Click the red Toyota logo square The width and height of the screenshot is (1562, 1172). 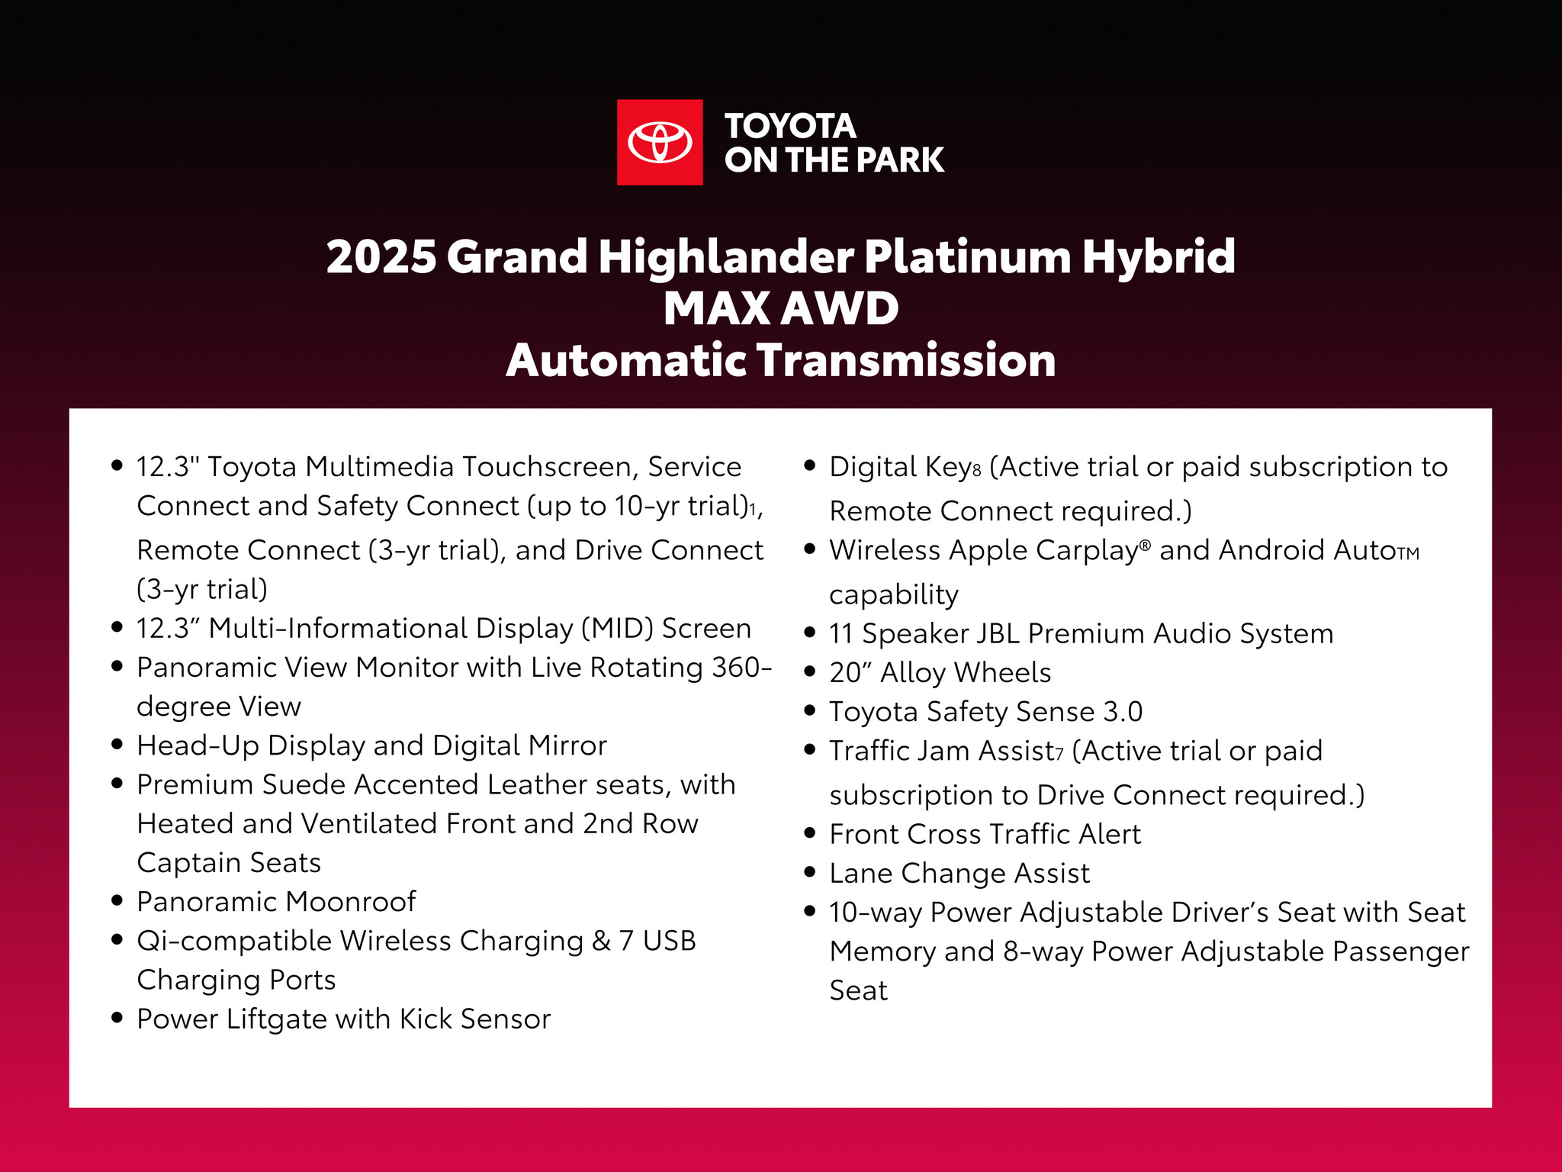point(660,142)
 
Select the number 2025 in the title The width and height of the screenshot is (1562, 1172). point(381,256)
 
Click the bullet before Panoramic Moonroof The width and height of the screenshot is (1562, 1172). point(117,900)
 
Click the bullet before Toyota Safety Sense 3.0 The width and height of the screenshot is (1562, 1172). point(810,710)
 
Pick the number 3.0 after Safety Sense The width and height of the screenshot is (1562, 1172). point(1123,711)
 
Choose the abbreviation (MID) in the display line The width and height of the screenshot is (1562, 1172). point(618,628)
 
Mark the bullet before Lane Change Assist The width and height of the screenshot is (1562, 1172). point(810,872)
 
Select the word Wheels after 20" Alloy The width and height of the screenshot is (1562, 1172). point(1002,672)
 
